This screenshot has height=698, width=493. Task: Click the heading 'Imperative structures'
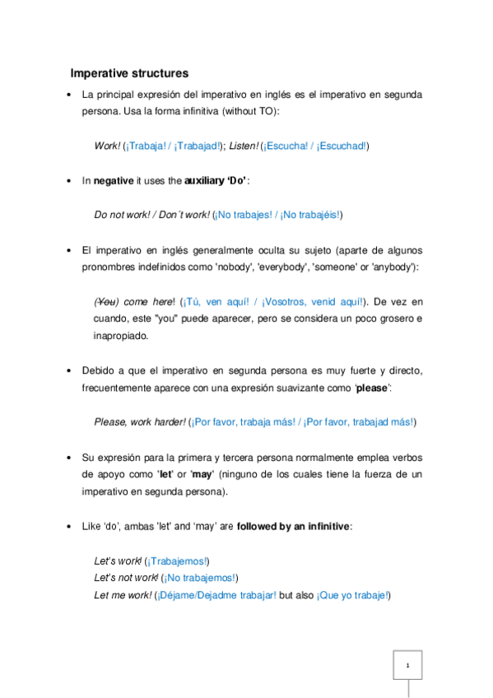coord(129,73)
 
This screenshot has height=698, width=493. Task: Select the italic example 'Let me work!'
coord(122,595)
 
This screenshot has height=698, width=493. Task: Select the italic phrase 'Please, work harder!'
coord(140,422)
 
